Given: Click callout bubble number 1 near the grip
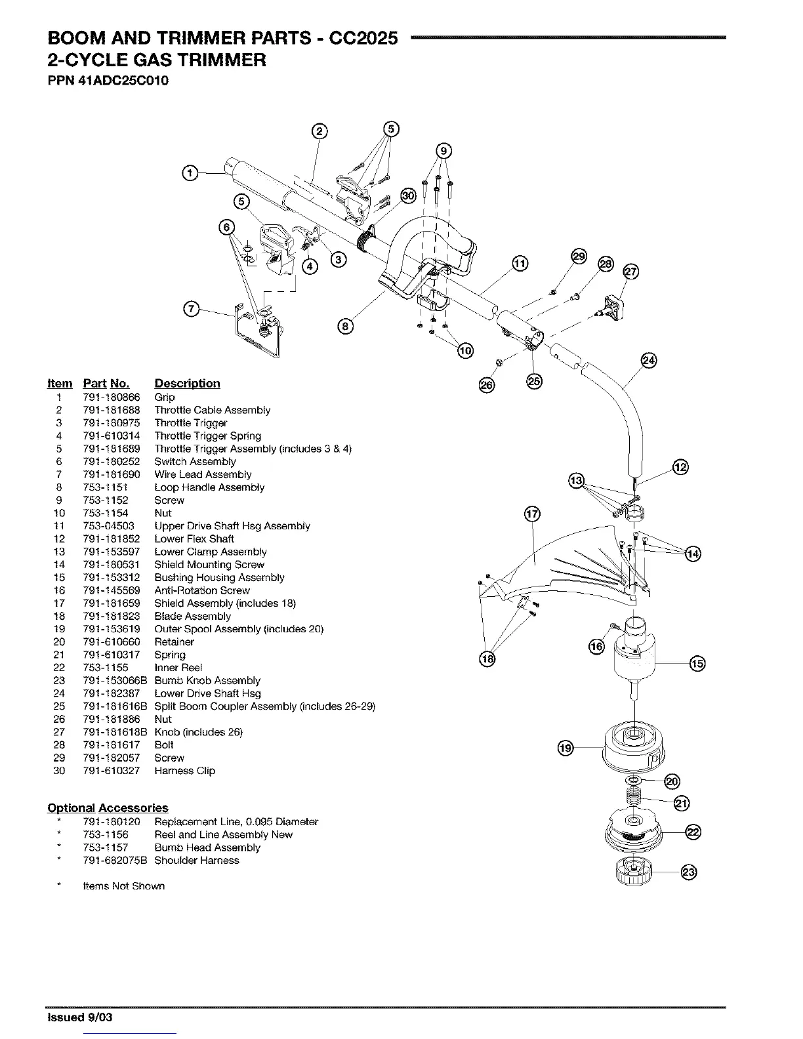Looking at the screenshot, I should click(x=189, y=173).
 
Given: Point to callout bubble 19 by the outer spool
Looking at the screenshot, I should click(x=566, y=747).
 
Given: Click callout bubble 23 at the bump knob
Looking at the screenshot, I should click(x=688, y=872).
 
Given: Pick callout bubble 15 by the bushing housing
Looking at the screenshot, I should click(x=697, y=664).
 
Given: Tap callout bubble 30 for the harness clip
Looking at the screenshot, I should click(x=408, y=195).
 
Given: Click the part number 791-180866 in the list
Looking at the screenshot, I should click(x=111, y=397).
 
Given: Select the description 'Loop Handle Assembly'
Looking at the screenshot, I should click(x=209, y=487).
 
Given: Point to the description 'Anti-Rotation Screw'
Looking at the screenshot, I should click(x=202, y=590).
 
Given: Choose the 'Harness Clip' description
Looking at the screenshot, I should click(x=184, y=771).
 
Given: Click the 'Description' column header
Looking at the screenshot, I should click(x=187, y=384).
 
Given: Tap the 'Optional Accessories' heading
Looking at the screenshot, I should click(x=108, y=808).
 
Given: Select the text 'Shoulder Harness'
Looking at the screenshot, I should click(x=197, y=861).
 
